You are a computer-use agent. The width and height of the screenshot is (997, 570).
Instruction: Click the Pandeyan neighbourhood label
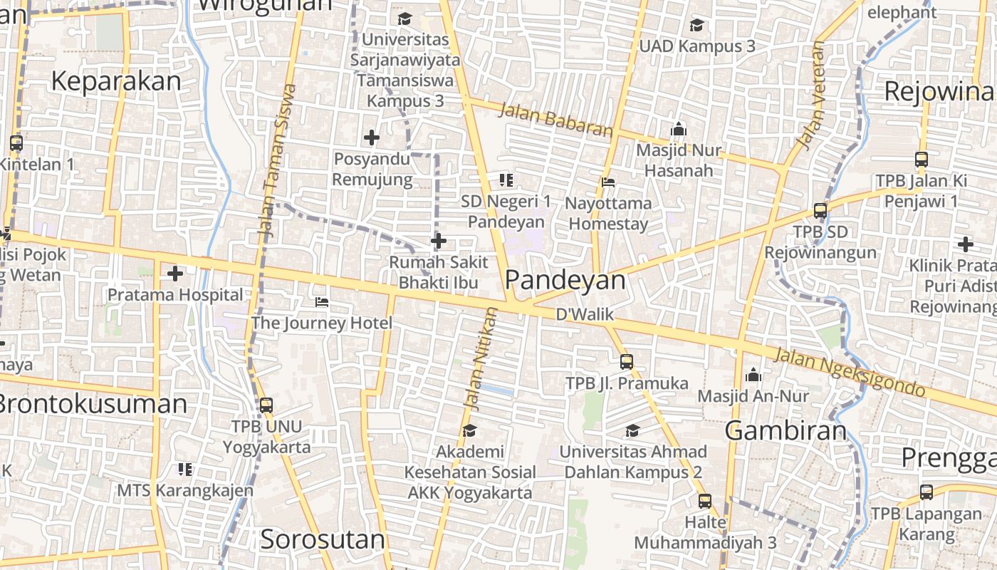point(566,280)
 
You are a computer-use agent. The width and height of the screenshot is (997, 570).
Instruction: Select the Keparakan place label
point(116,81)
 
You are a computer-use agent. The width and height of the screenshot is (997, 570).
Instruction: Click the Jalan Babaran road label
point(555,120)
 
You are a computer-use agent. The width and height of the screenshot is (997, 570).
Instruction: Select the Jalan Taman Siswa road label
point(277,160)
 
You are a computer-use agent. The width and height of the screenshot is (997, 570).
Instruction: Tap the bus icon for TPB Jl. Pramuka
point(627,361)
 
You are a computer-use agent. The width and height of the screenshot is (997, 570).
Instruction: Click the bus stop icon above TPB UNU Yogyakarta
point(266,405)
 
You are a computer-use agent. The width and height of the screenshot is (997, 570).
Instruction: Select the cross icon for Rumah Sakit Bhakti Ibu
point(439,242)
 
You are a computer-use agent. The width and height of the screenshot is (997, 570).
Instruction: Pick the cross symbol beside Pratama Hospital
point(175,273)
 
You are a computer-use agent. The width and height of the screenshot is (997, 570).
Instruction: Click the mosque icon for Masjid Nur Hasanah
point(679,129)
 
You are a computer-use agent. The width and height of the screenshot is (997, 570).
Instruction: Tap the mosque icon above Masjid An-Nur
point(753,374)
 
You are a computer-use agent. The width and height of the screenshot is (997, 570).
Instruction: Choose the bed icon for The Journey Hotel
point(322,302)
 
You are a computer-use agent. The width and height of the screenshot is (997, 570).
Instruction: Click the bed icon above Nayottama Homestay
point(608,182)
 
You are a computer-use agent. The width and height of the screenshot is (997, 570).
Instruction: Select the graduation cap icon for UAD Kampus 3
point(696,26)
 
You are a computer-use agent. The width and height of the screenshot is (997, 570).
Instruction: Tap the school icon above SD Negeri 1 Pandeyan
point(506,180)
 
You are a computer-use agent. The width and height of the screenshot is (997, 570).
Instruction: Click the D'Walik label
point(585,313)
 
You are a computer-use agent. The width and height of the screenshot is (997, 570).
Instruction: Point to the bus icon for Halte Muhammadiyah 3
point(705,501)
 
